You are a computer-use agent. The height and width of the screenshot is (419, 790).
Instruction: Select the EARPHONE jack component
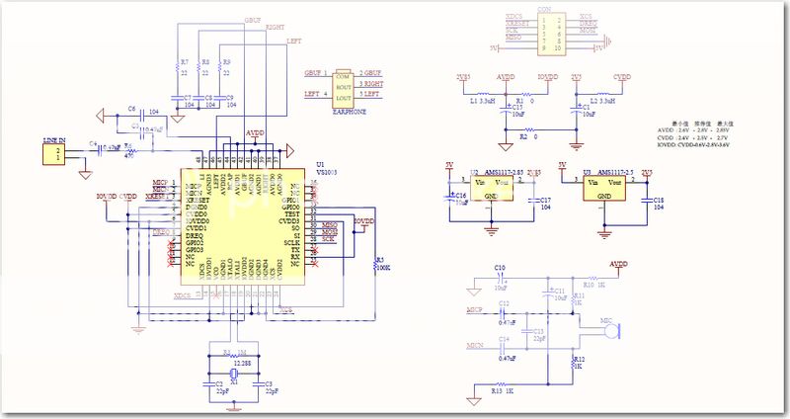(x=344, y=86)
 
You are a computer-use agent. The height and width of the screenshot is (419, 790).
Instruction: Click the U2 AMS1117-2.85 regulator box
(x=490, y=187)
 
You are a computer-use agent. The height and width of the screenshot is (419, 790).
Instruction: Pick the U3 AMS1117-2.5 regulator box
(x=601, y=187)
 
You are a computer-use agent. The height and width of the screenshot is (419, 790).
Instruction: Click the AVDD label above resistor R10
(x=618, y=264)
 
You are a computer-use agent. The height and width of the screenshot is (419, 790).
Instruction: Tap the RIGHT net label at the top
(x=276, y=29)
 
